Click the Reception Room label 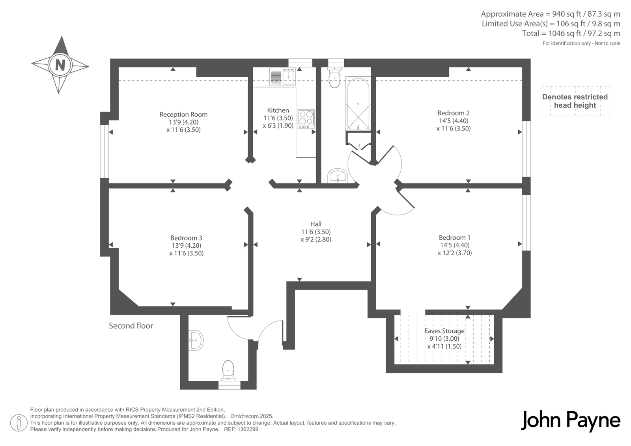click(183, 114)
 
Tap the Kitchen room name click(278, 110)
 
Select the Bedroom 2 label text click(454, 113)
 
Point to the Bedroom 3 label click(186, 238)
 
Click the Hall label click(316, 224)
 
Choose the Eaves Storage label click(444, 331)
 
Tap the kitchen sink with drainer click(282, 77)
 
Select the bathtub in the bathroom click(358, 104)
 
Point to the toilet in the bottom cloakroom click(228, 371)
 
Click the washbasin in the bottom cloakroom click(196, 341)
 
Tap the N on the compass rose click(60, 65)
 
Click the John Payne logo click(570, 421)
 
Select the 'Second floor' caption click(131, 326)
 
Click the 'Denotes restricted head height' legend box click(575, 101)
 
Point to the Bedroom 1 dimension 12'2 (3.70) click(455, 253)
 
